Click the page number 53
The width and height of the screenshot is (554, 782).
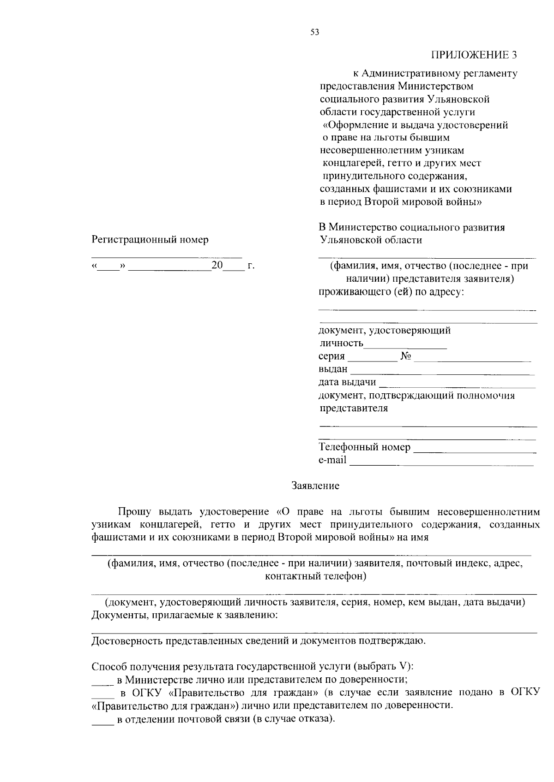point(315,32)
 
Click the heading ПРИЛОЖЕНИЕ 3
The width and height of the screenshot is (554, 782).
point(474,55)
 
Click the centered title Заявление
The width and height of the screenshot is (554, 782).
point(315,486)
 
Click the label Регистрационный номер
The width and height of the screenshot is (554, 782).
point(150,240)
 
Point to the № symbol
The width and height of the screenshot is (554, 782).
point(406,356)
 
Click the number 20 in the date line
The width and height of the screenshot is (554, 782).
point(217,266)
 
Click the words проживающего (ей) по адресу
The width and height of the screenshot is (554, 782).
point(391,292)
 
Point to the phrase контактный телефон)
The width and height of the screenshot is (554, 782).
point(315,576)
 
